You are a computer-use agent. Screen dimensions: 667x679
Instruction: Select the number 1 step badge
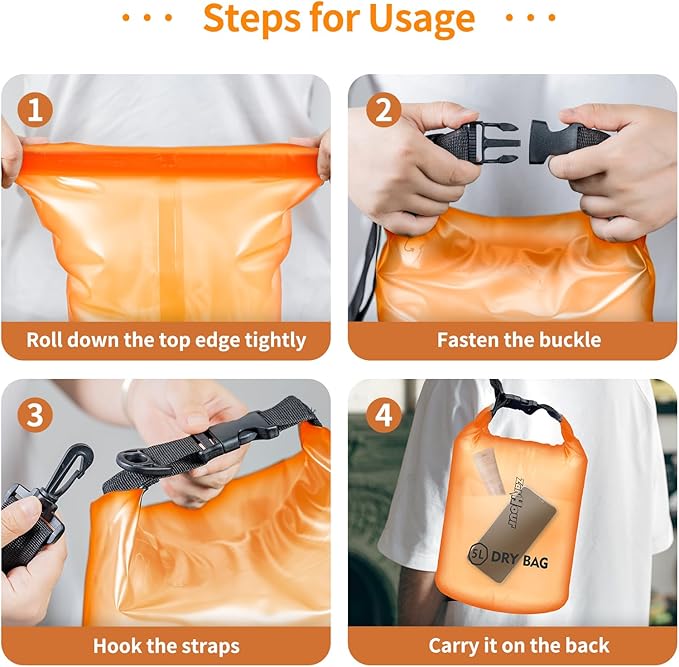coord(37,110)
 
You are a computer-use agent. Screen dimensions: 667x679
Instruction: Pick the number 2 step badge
coord(384,110)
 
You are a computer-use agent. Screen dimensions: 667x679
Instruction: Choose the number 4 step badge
coord(384,414)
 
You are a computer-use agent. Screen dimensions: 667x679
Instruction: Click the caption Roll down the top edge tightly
coord(166,340)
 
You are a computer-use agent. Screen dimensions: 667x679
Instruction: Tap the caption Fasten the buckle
coord(519,340)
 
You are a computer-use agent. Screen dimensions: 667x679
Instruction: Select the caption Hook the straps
coord(166,646)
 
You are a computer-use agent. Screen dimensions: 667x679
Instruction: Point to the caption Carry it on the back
coord(519,646)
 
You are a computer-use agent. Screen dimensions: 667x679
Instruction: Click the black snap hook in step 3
coord(73,465)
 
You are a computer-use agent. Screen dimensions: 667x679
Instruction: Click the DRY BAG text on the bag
coord(524,562)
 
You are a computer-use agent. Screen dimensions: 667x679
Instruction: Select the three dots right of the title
coord(531,18)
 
